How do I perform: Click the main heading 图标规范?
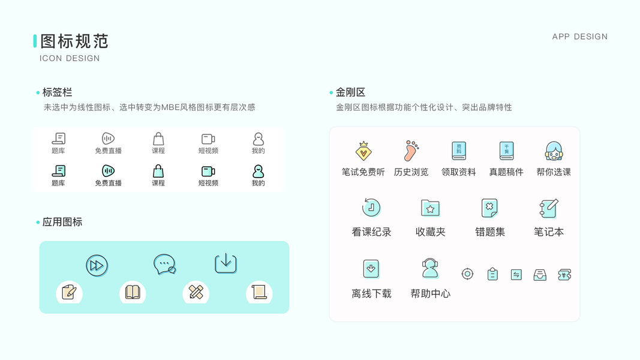[74, 41]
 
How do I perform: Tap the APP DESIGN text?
[579, 37]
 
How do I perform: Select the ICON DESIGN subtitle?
[70, 58]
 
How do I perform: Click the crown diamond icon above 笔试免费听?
[363, 151]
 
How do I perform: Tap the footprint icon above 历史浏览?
[411, 151]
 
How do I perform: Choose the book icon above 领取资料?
[459, 151]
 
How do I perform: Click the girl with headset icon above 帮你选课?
[554, 151]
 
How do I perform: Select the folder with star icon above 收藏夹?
[430, 208]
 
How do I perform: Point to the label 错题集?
[489, 232]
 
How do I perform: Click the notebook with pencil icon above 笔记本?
[549, 208]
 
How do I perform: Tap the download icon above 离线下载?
[371, 269]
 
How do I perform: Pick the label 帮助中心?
[430, 293]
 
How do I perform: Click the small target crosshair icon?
[467, 274]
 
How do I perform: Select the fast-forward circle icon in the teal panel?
[97, 265]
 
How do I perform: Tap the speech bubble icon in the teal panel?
[164, 264]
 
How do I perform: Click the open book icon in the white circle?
[133, 292]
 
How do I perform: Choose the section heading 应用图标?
[62, 222]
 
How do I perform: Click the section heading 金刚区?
[350, 92]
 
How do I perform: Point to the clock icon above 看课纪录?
[371, 208]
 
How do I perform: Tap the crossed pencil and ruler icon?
[196, 292]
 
